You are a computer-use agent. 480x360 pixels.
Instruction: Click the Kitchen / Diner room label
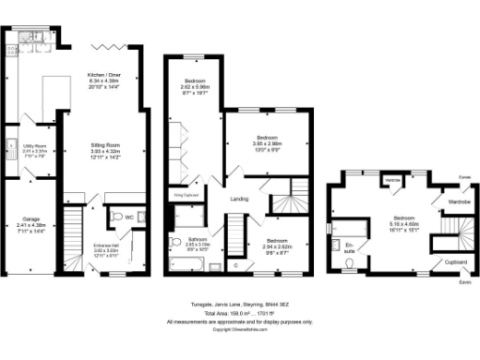pyautogui.click(x=106, y=73)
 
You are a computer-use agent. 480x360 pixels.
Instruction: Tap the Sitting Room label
pyautogui.click(x=105, y=145)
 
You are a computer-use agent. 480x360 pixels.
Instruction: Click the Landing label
pyautogui.click(x=241, y=199)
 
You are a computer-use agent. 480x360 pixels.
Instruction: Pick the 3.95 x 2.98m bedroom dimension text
pyautogui.click(x=268, y=143)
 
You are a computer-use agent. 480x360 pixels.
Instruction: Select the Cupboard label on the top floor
pyautogui.click(x=457, y=262)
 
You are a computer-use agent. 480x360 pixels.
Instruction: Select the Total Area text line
pyautogui.click(x=239, y=313)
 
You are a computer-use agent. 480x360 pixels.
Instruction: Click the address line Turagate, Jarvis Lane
pyautogui.click(x=239, y=304)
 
